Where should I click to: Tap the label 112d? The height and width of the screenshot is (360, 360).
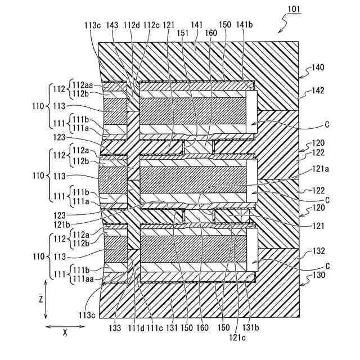coord(131,25)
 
